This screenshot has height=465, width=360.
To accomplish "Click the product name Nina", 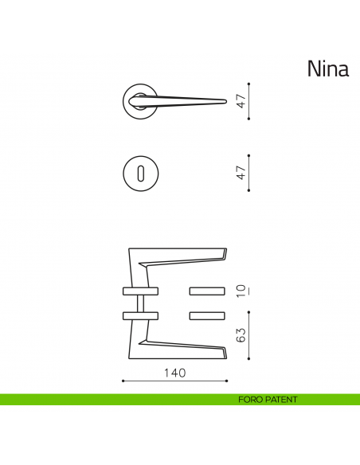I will [328, 69].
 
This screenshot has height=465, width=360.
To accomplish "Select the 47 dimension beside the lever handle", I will [239, 100].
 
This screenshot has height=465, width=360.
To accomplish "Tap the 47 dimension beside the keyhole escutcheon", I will [239, 172].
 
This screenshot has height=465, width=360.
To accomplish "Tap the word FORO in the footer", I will [251, 400].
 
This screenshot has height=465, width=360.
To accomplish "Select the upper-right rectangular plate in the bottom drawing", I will [208, 289].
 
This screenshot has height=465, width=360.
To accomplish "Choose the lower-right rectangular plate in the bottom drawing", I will [208, 315].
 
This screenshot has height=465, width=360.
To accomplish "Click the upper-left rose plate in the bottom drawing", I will [140, 289].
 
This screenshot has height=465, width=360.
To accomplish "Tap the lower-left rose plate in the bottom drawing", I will [140, 315].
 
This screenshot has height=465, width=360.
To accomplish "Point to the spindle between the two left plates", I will [140, 303].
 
